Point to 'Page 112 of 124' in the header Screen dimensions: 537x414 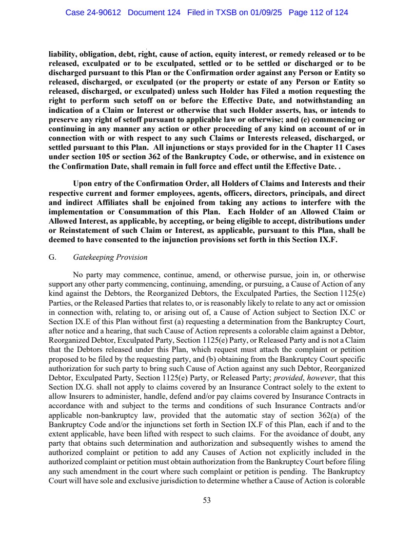[318, 13]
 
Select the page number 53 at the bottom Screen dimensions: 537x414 [207, 499]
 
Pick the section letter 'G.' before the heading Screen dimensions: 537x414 [53, 257]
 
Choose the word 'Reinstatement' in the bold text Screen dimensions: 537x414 [86, 230]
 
